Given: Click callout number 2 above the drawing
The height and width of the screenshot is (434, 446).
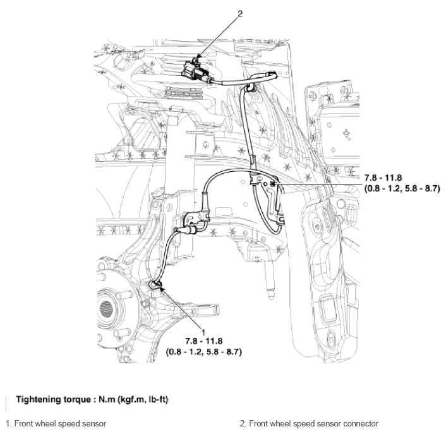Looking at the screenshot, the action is click(240, 14).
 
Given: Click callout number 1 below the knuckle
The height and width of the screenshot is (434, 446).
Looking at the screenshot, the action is click(203, 332).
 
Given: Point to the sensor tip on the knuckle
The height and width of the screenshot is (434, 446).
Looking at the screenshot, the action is click(155, 286).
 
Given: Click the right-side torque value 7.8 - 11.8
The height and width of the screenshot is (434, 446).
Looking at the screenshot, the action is click(383, 178).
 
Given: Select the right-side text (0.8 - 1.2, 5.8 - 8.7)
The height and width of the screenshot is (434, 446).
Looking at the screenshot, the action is click(402, 188).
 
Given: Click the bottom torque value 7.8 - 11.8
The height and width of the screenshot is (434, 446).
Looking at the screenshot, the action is click(204, 341).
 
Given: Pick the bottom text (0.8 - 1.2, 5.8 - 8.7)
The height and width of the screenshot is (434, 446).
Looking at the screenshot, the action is click(204, 352).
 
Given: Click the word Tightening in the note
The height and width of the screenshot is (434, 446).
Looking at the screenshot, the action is click(36, 400).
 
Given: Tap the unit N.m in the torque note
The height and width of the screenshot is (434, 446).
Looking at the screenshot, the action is click(106, 399).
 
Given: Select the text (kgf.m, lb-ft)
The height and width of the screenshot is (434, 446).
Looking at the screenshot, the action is click(142, 400).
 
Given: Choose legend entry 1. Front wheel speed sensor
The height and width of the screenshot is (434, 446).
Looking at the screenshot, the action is click(56, 423).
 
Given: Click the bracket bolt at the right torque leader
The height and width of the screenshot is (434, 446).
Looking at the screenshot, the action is click(272, 184).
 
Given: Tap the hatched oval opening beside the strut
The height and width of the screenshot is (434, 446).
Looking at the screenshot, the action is click(145, 133).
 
